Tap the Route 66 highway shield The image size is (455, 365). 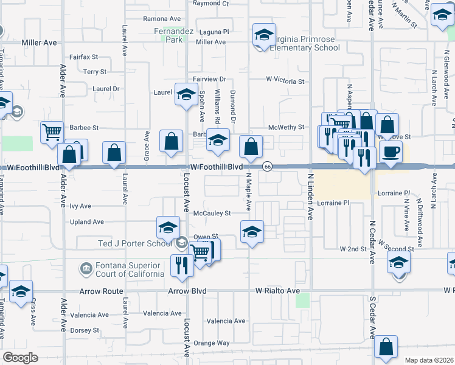(267, 167)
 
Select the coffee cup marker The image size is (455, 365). (391, 151)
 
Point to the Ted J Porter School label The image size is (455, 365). (135, 244)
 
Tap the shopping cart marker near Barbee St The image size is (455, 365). (52, 131)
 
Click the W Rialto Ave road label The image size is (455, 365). (277, 291)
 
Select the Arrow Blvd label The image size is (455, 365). (186, 291)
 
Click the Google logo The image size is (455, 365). (19, 358)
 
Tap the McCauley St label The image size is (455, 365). (212, 214)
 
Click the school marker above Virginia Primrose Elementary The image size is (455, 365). (264, 36)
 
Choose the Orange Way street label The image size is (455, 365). (212, 343)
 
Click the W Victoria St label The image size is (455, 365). (285, 81)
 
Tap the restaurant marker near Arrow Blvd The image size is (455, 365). (181, 264)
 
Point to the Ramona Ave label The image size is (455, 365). (163, 19)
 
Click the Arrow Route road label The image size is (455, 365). (101, 291)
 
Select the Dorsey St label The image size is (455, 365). (85, 330)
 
